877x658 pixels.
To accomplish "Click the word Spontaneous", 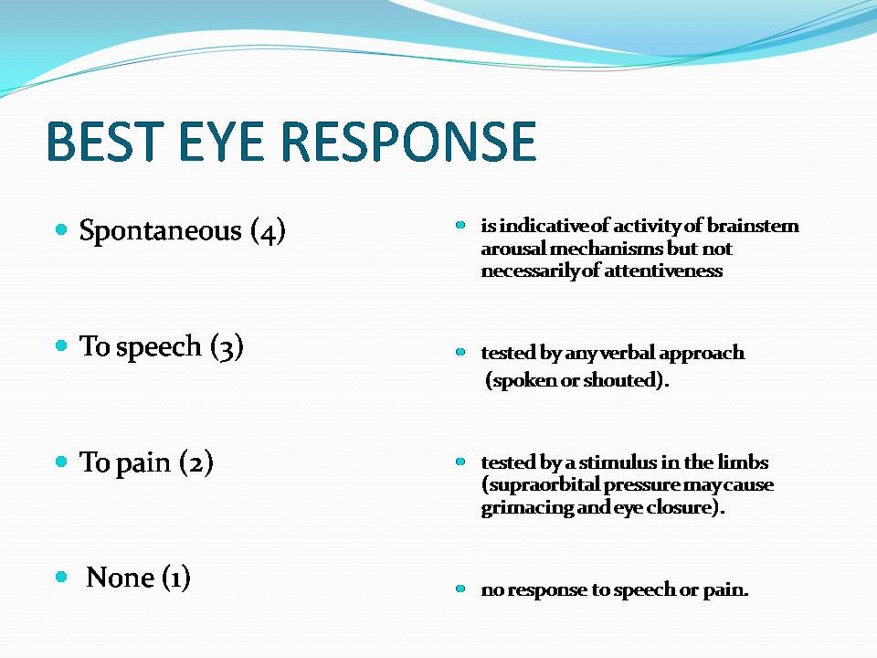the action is [161, 230].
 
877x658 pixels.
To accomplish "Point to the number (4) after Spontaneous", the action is [268, 230].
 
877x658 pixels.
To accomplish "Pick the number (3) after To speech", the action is [227, 347].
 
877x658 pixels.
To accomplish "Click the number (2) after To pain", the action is [196, 462].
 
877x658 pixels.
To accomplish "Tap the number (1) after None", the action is [176, 577].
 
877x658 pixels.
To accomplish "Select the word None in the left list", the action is [121, 578].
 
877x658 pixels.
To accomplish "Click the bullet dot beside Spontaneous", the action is [61, 229].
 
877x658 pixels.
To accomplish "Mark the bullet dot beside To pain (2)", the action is [61, 462].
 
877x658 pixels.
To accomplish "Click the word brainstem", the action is [753, 226].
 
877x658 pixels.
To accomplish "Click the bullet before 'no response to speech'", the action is [460, 589].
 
